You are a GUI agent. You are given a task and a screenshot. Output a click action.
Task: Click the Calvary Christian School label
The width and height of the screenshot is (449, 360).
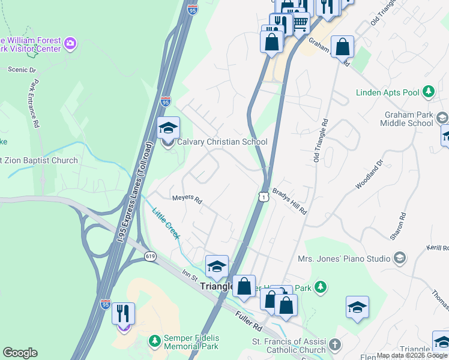pos(222,142)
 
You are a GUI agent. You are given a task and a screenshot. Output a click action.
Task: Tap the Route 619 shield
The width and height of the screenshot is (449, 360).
pos(150,256)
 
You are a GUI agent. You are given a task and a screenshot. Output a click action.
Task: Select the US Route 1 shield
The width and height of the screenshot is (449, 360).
pos(263,197)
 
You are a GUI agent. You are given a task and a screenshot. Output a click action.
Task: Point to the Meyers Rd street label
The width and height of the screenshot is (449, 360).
pos(186,199)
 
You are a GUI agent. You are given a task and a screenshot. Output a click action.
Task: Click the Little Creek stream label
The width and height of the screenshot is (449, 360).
pos(166,224)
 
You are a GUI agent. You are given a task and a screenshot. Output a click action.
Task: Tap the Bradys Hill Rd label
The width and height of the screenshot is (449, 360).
pos(289,202)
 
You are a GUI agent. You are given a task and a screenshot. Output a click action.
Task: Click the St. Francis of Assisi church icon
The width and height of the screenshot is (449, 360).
pos(335,345)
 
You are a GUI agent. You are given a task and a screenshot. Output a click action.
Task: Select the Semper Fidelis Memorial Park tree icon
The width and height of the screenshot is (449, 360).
pos(155,341)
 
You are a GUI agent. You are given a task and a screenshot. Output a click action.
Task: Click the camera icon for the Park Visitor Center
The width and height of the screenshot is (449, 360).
pos(70,43)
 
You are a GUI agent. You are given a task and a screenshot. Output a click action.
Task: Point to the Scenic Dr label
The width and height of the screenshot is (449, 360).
pos(22,70)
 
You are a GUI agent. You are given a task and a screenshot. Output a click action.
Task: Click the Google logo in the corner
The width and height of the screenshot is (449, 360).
pos(20,353)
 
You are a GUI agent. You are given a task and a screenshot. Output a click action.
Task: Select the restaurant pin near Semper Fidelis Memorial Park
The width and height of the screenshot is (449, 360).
pos(123,314)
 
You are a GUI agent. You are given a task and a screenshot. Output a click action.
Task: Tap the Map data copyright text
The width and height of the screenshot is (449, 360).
pos(412,355)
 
